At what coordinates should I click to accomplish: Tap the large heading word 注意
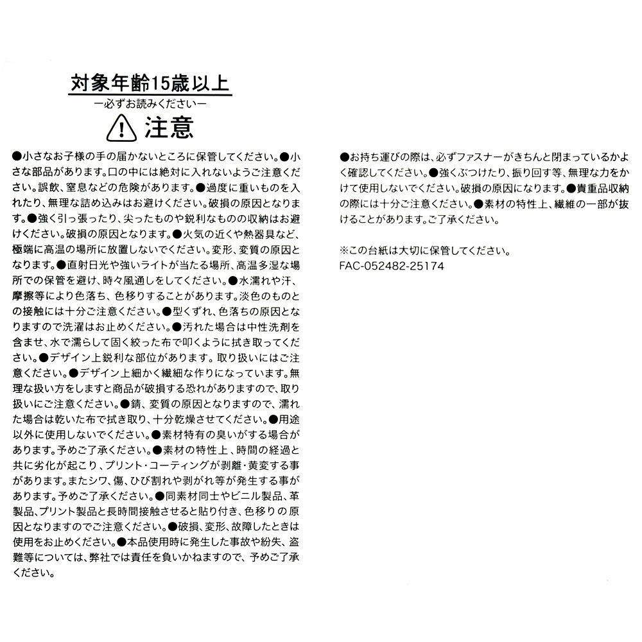point(168,127)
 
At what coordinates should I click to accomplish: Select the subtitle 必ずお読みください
point(150,103)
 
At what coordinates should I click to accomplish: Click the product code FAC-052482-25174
point(392,265)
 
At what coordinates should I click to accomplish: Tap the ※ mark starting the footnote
point(345,250)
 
